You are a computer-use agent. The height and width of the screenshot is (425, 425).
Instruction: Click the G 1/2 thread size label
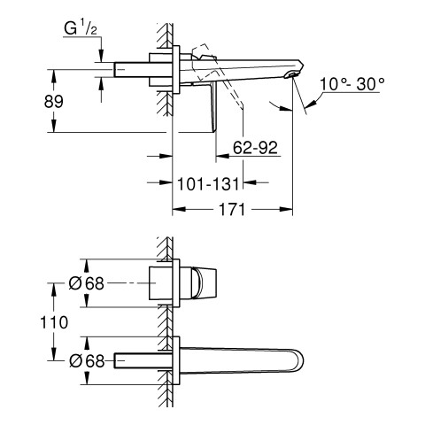tap(81, 29)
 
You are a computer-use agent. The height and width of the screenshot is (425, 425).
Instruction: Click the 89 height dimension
tap(54, 102)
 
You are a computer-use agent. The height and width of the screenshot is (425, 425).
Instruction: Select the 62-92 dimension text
tap(255, 147)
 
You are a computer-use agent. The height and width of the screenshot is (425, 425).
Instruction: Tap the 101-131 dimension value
tap(208, 184)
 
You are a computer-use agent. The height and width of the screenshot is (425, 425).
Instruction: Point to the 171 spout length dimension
tap(232, 209)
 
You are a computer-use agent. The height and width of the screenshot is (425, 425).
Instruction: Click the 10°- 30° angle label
tap(352, 84)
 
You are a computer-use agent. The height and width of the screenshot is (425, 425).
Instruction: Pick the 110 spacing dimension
tap(54, 322)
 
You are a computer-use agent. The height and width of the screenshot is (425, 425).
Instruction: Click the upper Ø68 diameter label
tap(87, 283)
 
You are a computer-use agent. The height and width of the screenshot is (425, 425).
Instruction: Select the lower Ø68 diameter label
tap(87, 360)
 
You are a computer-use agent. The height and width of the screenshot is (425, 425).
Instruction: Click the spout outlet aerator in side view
tap(290, 75)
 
